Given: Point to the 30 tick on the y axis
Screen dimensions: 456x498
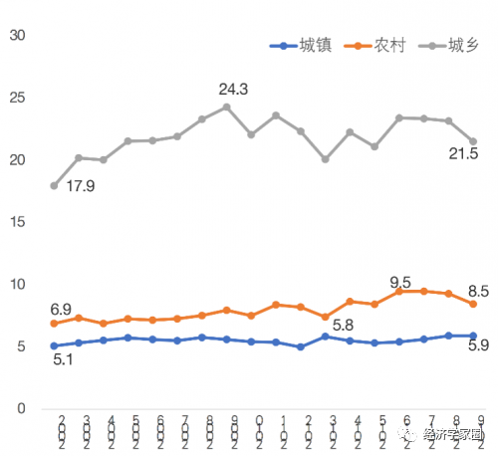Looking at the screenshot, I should coord(17,35).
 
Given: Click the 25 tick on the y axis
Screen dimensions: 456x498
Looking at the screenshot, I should coord(17,98).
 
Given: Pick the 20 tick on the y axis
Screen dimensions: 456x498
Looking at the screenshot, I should coord(17,159).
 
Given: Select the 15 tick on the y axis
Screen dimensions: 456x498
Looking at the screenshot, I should coord(17,222).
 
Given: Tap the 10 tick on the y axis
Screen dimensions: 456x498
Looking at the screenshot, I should coord(17,284).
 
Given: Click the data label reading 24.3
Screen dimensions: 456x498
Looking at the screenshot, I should coord(233,90).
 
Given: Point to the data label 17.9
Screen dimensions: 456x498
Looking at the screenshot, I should coord(81,185).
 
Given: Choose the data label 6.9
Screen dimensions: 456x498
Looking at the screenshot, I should coord(62,311).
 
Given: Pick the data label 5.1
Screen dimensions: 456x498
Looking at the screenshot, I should coord(62,360).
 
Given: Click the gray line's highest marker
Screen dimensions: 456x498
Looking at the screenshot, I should coord(226,107).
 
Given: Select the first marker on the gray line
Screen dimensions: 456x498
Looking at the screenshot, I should coord(54,186).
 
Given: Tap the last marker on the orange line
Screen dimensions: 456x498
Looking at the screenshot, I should coord(473,303).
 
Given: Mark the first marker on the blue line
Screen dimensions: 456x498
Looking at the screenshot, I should coord(54,345).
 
